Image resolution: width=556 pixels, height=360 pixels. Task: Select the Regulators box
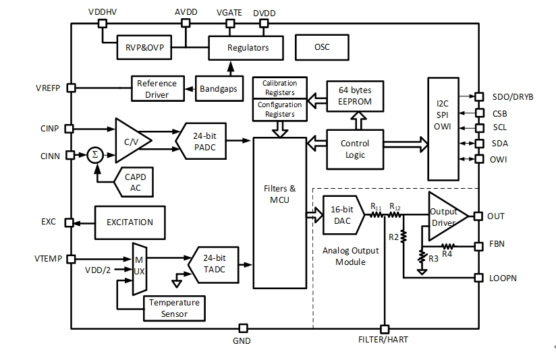tap(247, 47)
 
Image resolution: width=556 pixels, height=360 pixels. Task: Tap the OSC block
tap(322, 47)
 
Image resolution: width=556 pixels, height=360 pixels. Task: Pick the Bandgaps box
tap(218, 89)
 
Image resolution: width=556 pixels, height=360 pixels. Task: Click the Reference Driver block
tap(157, 88)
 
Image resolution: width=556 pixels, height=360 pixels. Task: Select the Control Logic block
tap(354, 149)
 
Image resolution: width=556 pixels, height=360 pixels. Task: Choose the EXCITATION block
tap(130, 222)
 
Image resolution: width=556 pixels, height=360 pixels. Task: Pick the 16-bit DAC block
tap(342, 216)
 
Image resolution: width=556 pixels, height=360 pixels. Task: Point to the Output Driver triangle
tap(446, 216)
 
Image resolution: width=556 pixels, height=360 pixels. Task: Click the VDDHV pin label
tap(102, 13)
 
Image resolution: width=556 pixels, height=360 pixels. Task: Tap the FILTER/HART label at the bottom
tap(383, 340)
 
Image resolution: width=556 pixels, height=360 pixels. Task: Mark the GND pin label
tap(241, 341)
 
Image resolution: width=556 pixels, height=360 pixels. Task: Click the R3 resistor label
tap(433, 259)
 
